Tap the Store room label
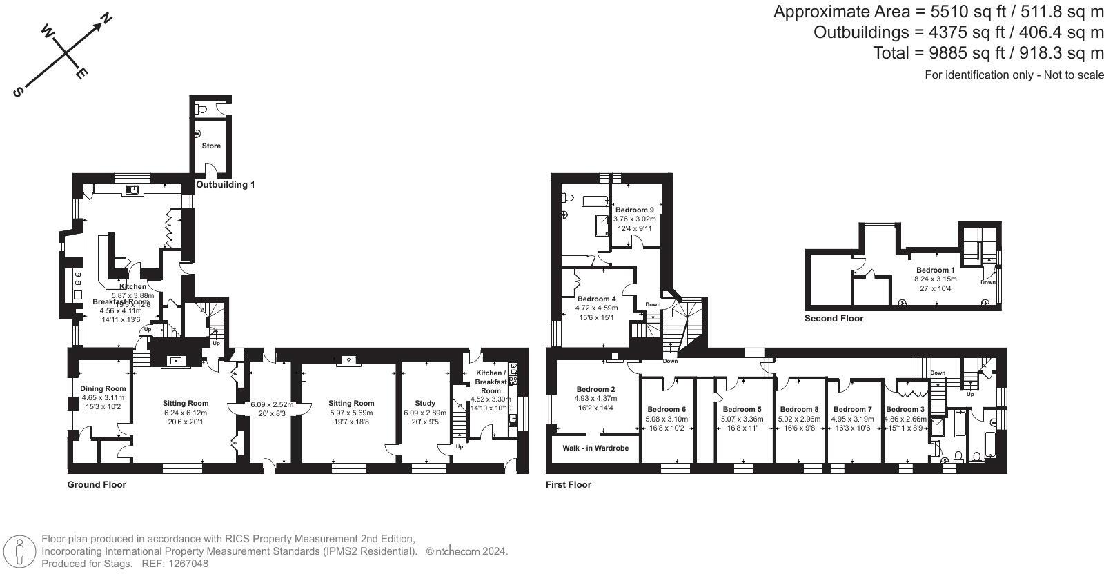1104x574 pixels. point(211,146)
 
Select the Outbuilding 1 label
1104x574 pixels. point(226,185)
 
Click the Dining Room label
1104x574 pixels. point(103,388)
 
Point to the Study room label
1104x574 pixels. point(425,404)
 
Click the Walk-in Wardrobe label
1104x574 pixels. point(595,448)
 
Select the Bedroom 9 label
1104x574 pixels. point(634,210)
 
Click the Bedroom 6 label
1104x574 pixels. point(666,409)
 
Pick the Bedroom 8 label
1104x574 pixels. point(799,409)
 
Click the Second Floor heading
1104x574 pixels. point(834,319)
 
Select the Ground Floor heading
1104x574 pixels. point(97,485)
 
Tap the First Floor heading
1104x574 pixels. point(569,485)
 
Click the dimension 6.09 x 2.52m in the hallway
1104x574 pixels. point(272,405)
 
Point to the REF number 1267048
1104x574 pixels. point(184,564)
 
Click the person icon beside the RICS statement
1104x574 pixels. point(20,551)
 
